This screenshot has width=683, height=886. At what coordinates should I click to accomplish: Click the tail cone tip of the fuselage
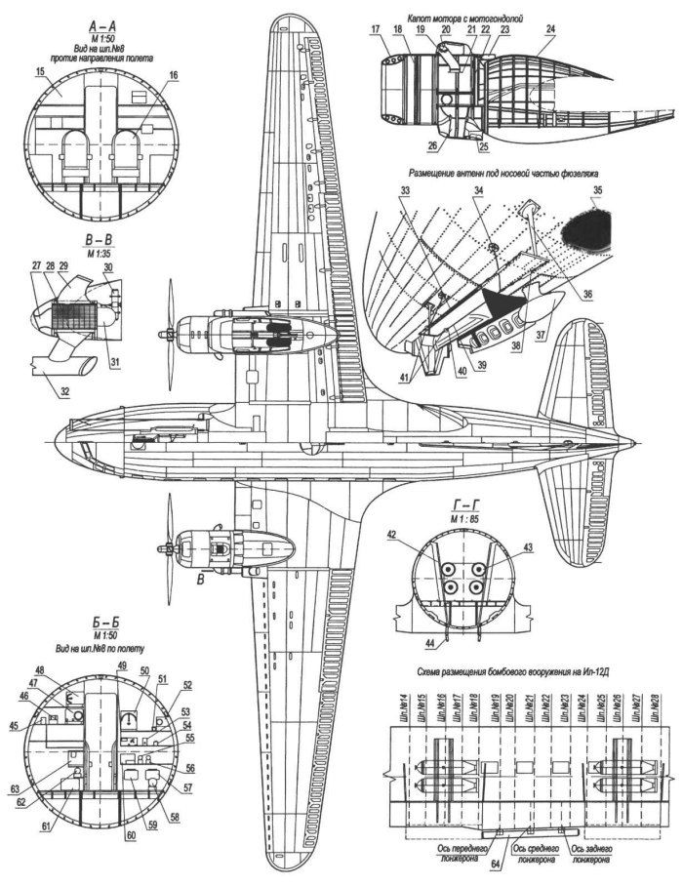[x=639, y=445]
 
